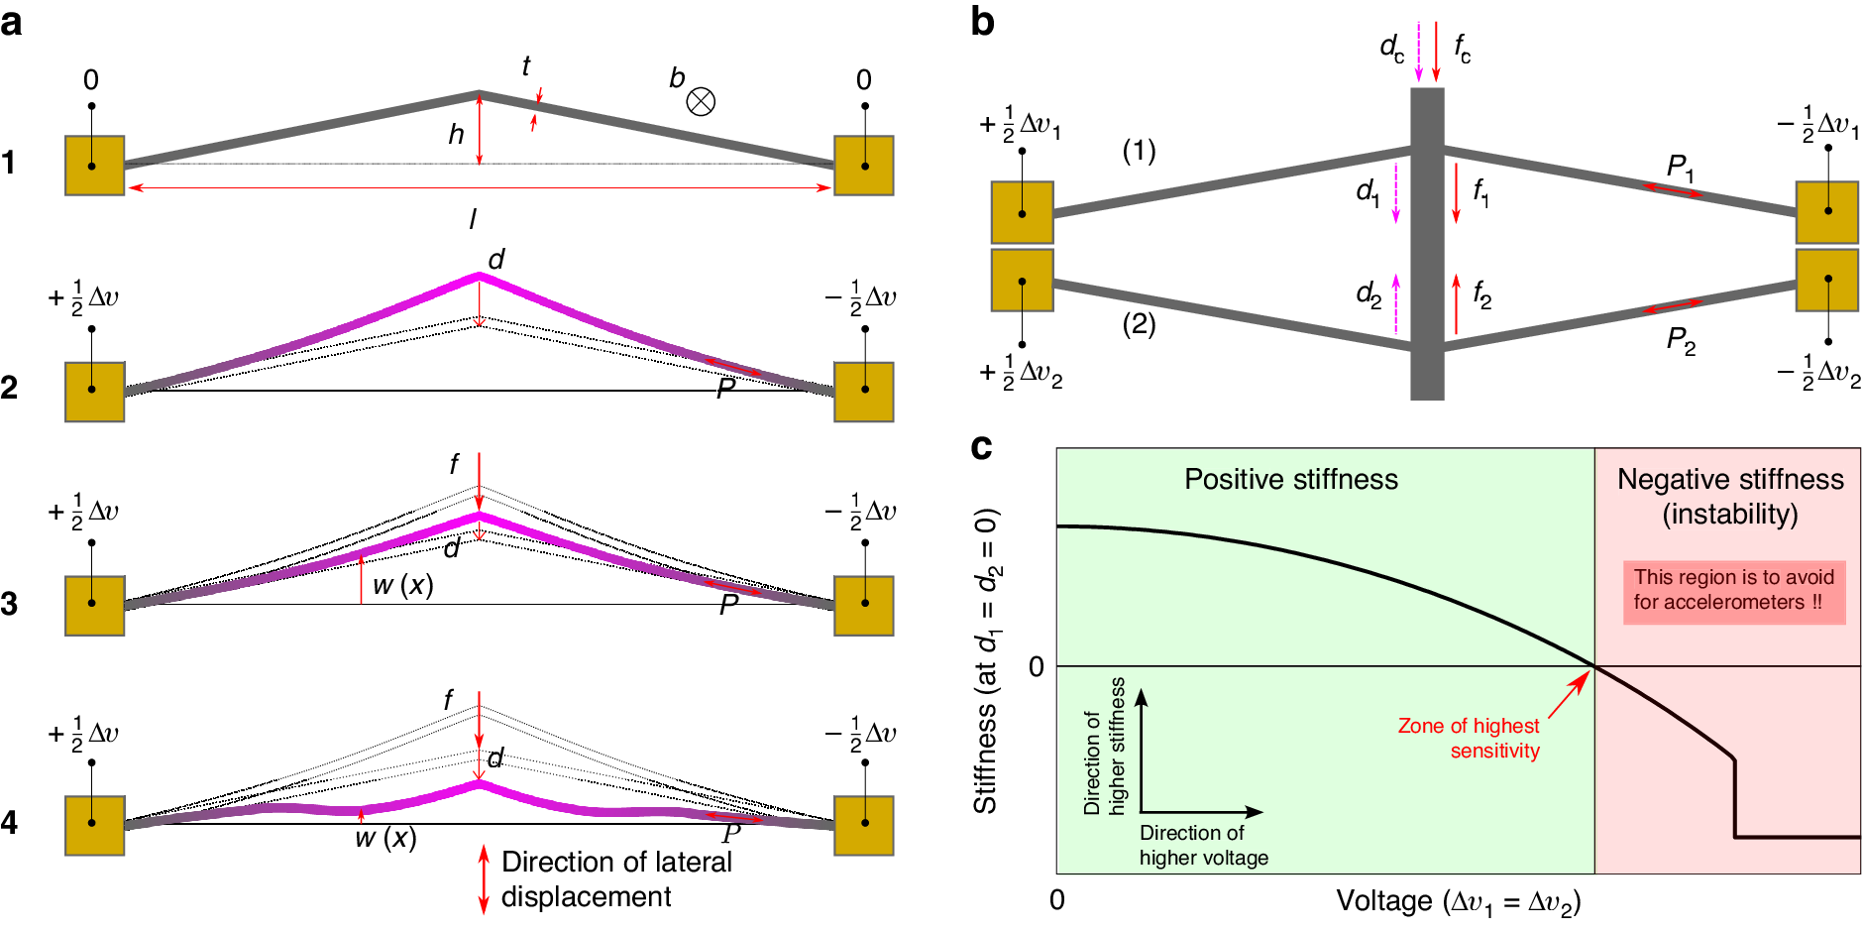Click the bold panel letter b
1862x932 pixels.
pyautogui.click(x=982, y=22)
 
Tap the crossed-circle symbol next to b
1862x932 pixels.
pyautogui.click(x=701, y=101)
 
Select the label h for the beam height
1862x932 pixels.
pyautogui.click(x=456, y=134)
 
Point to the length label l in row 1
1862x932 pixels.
pyautogui.click(x=473, y=219)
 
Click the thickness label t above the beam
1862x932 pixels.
pyautogui.click(x=525, y=66)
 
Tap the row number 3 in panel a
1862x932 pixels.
pyautogui.click(x=10, y=604)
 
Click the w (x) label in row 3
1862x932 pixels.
pyautogui.click(x=402, y=585)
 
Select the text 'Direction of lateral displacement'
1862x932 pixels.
pyautogui.click(x=615, y=878)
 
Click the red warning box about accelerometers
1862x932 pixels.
pyautogui.click(x=1733, y=591)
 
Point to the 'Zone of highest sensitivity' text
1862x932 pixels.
pyautogui.click(x=1469, y=738)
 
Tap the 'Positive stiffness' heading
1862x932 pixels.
pyautogui.click(x=1290, y=480)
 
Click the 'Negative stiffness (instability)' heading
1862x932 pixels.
pyautogui.click(x=1730, y=496)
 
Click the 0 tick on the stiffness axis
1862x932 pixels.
pyautogui.click(x=1036, y=666)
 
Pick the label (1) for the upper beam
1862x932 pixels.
pyautogui.click(x=1139, y=151)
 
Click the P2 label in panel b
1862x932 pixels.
pyautogui.click(x=1681, y=341)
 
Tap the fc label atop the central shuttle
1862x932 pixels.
pyautogui.click(x=1462, y=47)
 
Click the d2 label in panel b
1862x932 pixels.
pyautogui.click(x=1368, y=293)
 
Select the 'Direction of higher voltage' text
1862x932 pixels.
pyautogui.click(x=1203, y=845)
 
